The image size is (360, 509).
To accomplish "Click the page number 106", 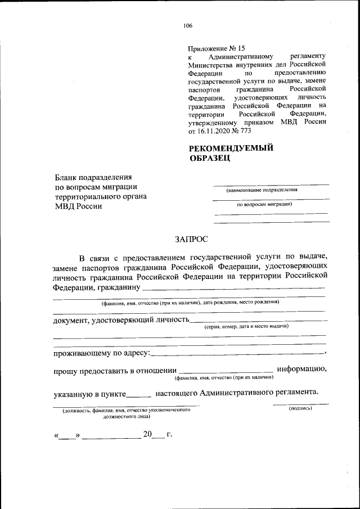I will [x=188, y=25].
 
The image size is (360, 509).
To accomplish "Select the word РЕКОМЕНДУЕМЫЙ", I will [x=231, y=148].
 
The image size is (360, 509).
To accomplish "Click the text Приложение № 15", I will [x=217, y=48].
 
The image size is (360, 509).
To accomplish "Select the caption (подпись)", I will [x=300, y=409].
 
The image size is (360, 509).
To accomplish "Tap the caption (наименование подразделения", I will [x=262, y=190].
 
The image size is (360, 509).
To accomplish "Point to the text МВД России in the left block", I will [x=78, y=206].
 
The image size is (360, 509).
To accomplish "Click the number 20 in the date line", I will [x=147, y=434].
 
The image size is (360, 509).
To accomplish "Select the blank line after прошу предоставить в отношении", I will [x=225, y=371].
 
